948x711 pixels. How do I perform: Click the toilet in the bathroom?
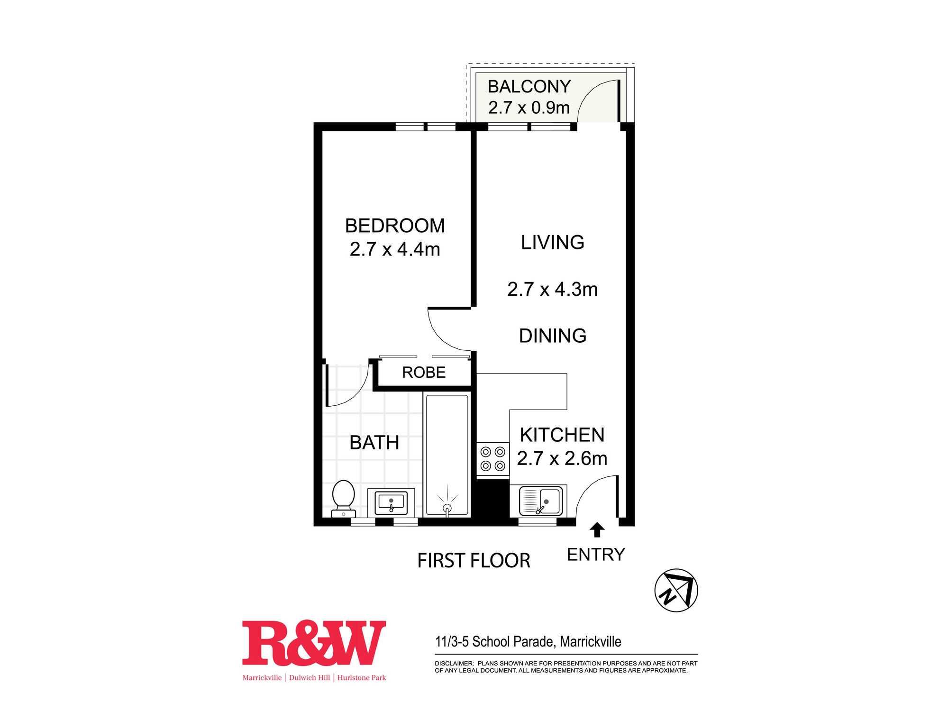pos(344,498)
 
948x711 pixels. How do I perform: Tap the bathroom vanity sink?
pos(391,502)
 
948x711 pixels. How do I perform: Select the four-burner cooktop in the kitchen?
pos(493,459)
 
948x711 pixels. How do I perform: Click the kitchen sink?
pos(541,501)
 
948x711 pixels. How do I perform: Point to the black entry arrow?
pos(597,529)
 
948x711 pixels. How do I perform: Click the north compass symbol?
pos(676,590)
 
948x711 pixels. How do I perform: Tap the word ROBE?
pos(424,373)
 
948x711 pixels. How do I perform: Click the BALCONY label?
pos(529,87)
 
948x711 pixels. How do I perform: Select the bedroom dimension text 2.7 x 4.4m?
pos(395,249)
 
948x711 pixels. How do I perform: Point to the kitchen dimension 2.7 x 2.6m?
pos(562,458)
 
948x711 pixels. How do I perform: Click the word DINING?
pos(553,336)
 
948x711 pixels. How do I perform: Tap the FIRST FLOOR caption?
pos(474,561)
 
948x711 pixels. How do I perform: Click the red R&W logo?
pos(314,643)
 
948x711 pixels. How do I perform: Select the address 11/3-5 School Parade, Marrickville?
pos(528,642)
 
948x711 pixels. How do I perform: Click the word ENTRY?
pos(596,555)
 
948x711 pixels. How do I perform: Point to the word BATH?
pos(374,443)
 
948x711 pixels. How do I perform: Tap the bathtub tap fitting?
pos(447,509)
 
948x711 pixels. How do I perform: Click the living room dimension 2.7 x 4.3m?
pos(553,289)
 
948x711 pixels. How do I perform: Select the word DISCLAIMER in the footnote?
pos(454,664)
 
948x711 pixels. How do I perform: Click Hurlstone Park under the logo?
pos(362,678)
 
